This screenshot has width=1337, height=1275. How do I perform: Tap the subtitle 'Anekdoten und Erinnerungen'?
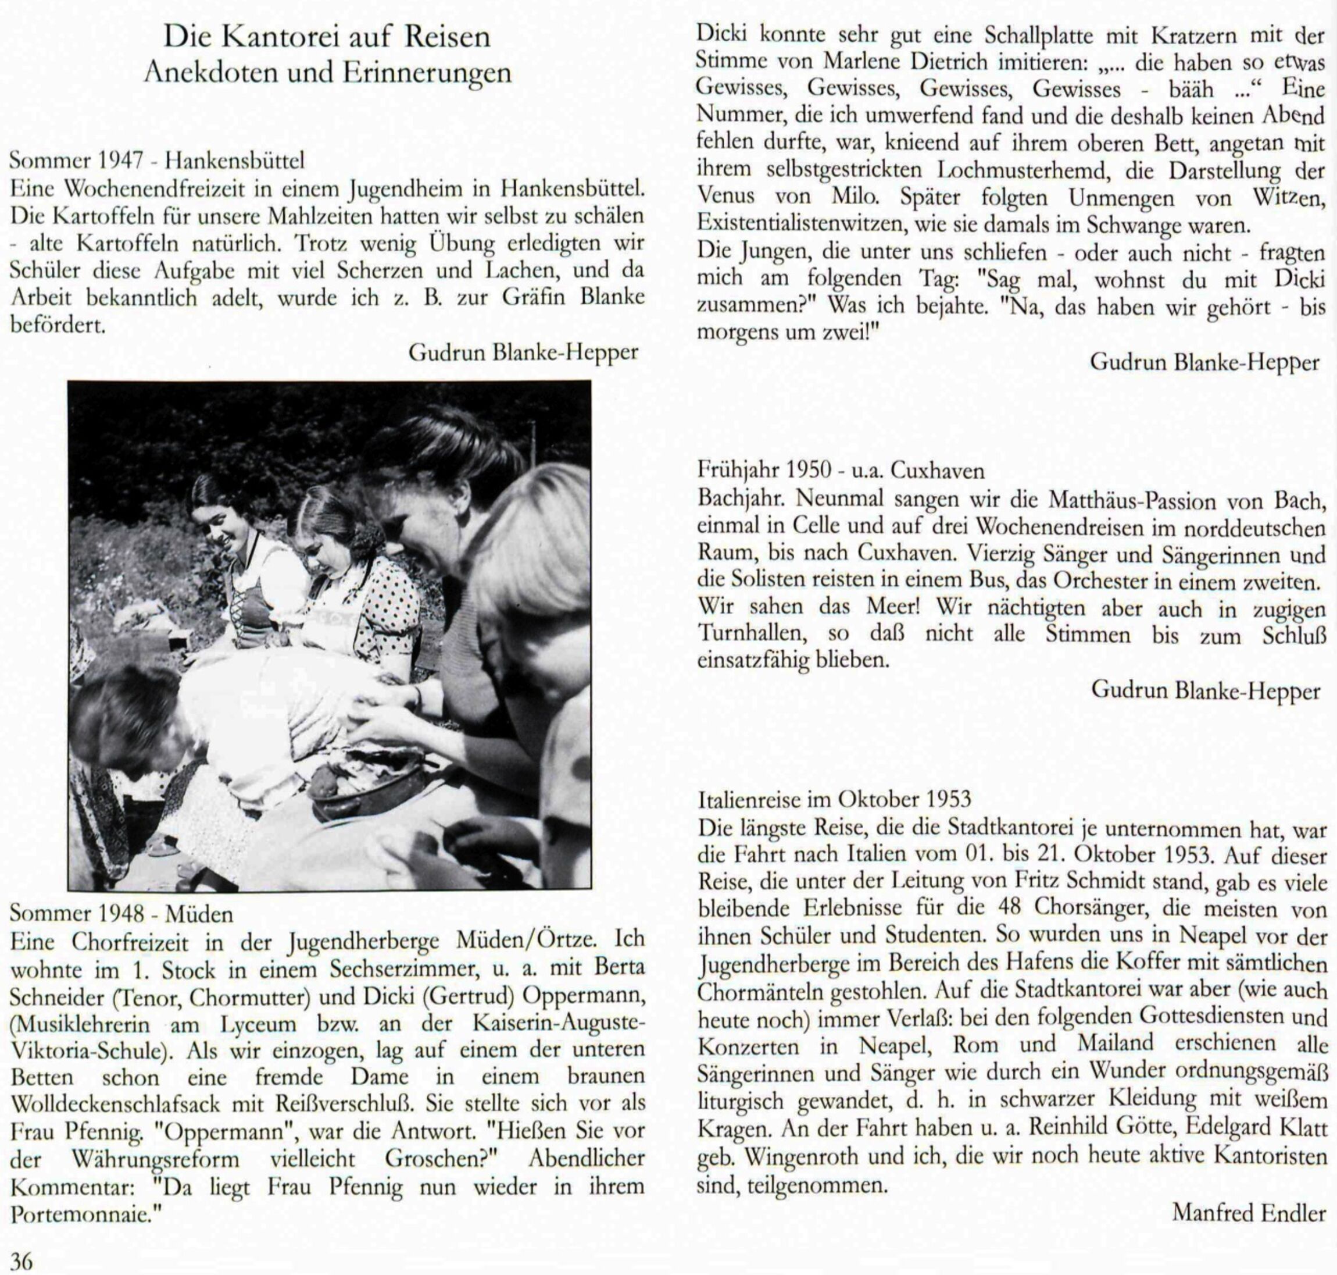(x=327, y=72)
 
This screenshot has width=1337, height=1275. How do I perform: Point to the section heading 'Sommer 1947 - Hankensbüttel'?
(x=157, y=161)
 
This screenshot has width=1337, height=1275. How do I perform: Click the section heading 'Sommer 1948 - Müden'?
(x=121, y=913)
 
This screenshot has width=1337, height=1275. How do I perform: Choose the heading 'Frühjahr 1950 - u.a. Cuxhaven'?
(x=841, y=469)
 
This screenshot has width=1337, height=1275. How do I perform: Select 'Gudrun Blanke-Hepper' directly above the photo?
(x=523, y=352)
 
